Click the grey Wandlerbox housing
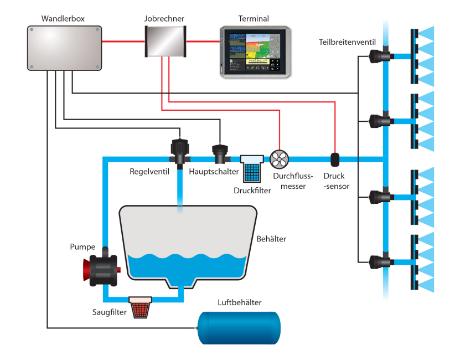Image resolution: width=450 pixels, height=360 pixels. point(64,48)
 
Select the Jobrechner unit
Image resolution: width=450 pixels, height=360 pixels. point(165,42)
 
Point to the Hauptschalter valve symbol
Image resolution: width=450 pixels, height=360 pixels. point(220,153)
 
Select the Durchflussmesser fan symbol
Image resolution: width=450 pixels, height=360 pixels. point(279,160)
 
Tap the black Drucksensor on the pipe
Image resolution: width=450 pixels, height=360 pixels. point(335,160)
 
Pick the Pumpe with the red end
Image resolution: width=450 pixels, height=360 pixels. point(102,269)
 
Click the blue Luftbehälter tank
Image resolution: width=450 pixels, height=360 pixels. point(239,328)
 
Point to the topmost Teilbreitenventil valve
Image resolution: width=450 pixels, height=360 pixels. point(379,56)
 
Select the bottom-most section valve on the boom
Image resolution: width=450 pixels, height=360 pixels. point(379,261)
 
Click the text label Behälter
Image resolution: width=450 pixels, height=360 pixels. point(271,239)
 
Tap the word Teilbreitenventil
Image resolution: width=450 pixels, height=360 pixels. point(347,42)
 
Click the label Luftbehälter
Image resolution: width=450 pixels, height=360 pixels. point(240,302)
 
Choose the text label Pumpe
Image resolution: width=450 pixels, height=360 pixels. point(82,247)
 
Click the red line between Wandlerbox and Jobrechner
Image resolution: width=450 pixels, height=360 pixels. point(123,42)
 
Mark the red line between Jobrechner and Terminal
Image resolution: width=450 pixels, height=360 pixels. point(203,42)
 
